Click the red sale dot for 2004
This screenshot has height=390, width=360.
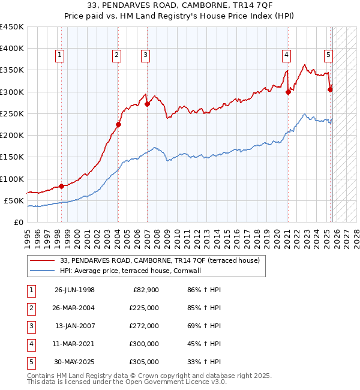118,125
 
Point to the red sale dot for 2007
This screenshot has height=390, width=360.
147,104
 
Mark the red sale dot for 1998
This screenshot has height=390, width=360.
62,186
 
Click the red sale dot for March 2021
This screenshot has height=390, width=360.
288,92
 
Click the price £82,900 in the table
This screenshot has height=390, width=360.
144,290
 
